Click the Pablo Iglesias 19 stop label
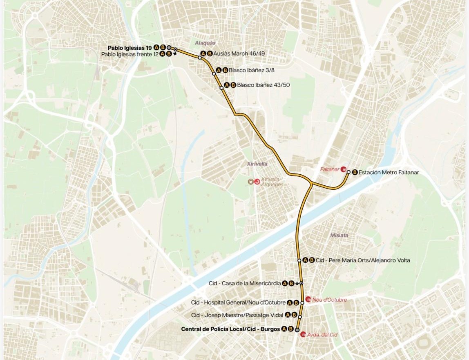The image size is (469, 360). click(x=130, y=48)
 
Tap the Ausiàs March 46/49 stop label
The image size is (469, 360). click(x=239, y=53)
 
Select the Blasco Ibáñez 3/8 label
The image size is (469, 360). click(x=251, y=70)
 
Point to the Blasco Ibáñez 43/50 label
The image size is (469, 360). click(x=263, y=85)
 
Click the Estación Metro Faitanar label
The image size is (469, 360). click(x=389, y=172)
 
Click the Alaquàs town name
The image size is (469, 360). click(x=205, y=43)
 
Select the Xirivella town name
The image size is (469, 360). click(x=257, y=164)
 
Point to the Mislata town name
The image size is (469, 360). click(x=339, y=236)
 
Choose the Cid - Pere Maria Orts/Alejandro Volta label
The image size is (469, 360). click(x=363, y=260)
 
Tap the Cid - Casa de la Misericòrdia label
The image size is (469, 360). click(x=244, y=283)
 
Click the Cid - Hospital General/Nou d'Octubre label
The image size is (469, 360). click(x=238, y=302)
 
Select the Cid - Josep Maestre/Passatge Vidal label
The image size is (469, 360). click(x=237, y=315)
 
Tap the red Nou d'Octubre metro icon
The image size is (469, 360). click(x=308, y=300)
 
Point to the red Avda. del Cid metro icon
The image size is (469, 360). click(x=303, y=334)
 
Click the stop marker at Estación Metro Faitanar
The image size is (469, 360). click(x=348, y=172)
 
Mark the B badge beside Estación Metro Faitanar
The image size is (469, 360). click(x=355, y=172)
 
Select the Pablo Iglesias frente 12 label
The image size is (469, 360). click(x=130, y=54)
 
